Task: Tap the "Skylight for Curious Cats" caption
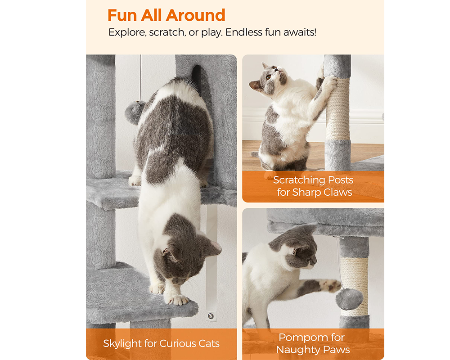(161, 344)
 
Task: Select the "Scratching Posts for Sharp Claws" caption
(313, 186)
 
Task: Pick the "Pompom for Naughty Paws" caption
(313, 343)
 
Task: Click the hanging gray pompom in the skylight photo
(135, 112)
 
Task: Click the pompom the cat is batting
(349, 299)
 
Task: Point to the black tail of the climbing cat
(197, 75)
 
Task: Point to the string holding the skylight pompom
(140, 76)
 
